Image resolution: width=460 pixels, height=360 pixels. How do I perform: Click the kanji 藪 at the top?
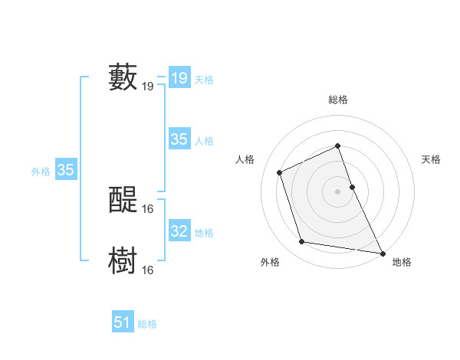click(123, 77)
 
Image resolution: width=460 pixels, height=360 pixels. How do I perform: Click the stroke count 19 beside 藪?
click(148, 87)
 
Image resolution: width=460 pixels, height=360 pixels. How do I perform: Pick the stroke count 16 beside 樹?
click(148, 270)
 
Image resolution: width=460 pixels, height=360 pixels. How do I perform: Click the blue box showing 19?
click(179, 78)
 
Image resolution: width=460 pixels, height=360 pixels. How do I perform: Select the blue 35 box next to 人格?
click(179, 139)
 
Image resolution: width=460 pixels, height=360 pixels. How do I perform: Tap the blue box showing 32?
click(179, 231)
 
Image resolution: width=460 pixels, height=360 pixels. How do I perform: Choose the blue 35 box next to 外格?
click(66, 170)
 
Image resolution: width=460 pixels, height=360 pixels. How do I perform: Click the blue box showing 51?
click(123, 322)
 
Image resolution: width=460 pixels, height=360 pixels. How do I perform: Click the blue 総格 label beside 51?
click(147, 324)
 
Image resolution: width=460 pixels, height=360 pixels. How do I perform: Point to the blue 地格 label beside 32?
click(205, 233)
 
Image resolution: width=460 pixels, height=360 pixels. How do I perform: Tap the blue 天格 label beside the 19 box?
click(205, 80)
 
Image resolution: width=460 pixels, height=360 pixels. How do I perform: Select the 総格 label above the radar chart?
click(338, 100)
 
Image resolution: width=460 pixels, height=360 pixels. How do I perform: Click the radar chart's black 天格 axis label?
click(432, 159)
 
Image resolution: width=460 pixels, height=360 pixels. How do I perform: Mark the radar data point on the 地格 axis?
click(383, 252)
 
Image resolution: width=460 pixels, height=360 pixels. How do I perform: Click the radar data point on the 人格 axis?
click(280, 172)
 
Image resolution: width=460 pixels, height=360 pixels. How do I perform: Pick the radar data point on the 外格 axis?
click(302, 242)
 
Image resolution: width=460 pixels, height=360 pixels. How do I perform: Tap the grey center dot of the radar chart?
click(338, 191)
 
